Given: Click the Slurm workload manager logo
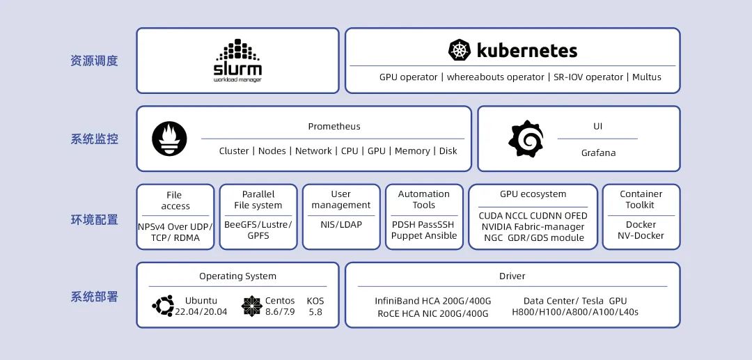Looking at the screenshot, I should pos(237,61).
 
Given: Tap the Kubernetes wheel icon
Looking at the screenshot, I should pos(460,50).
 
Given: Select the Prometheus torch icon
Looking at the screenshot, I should pos(169,139).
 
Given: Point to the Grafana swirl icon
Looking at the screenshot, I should pos(525,139).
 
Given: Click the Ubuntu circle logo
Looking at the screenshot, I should pos(163,305).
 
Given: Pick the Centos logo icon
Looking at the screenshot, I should pos(251,306).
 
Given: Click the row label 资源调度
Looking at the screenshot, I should pos(94,61).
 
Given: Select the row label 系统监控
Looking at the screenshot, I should pos(94,139).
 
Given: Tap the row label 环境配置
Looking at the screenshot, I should pos(94,219).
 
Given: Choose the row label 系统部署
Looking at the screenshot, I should pos(94,297).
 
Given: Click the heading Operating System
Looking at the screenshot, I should pos(237,276).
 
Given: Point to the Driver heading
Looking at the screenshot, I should pos(512,276).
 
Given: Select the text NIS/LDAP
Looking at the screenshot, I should pos(341,224).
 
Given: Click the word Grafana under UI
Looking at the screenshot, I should pos(598,152).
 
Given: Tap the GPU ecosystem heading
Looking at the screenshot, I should pos(533,194).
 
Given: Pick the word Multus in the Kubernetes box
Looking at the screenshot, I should pos(646,77).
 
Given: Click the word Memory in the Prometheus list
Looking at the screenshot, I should pos(412,150).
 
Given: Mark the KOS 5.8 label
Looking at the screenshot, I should pos(315,306).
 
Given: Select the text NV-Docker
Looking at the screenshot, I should pos(641,235).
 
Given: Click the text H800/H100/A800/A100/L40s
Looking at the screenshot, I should pos(574,312).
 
